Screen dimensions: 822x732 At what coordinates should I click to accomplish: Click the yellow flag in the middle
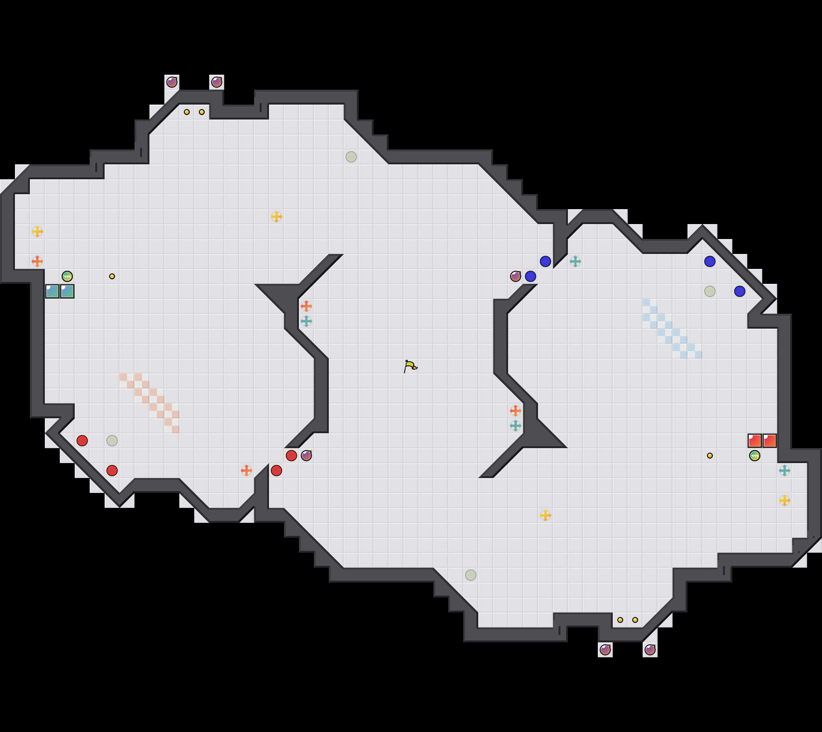point(410,366)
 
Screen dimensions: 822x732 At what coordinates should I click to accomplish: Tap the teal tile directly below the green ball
point(67,291)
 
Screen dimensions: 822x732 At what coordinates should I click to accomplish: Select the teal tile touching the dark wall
point(52,291)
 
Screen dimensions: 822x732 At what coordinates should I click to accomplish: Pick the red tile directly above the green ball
point(754,440)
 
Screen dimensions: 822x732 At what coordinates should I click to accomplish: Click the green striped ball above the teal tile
point(67,276)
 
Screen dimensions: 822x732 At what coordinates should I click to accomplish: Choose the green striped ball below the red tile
point(754,455)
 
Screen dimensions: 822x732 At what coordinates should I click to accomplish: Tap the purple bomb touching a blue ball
point(515,276)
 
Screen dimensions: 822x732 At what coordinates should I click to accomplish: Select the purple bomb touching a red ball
point(306,455)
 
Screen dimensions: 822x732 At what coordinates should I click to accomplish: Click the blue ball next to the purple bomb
point(530,276)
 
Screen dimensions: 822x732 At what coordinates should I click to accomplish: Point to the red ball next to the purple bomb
point(291,455)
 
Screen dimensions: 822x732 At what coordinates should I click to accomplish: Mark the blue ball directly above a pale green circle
point(710,261)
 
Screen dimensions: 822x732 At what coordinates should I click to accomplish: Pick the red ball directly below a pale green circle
point(112,470)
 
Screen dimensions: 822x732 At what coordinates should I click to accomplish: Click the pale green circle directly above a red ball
point(112,440)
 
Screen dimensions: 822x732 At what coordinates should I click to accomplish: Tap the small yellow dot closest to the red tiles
point(710,455)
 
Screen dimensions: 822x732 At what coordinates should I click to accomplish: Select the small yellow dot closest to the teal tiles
point(112,276)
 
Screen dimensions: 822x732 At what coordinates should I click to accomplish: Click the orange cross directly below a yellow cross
point(37,261)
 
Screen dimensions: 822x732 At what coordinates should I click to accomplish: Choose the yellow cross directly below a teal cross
point(784,500)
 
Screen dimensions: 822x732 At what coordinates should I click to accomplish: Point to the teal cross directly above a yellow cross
point(784,470)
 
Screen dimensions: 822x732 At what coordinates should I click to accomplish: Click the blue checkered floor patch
point(672,328)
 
